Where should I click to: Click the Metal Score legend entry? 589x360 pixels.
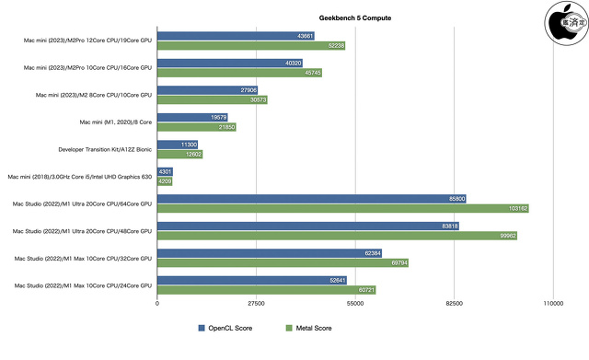(308, 328)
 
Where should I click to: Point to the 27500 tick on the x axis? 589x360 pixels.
(256, 303)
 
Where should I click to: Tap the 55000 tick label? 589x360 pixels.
(355, 303)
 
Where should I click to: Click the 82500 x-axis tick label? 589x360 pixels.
(454, 303)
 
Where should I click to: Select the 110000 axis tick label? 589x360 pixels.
(552, 303)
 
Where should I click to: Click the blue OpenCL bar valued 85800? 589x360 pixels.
(312, 198)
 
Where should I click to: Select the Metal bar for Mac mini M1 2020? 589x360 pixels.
(196, 127)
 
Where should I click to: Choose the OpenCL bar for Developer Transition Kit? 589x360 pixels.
(178, 145)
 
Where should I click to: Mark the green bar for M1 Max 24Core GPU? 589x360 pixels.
(266, 290)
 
